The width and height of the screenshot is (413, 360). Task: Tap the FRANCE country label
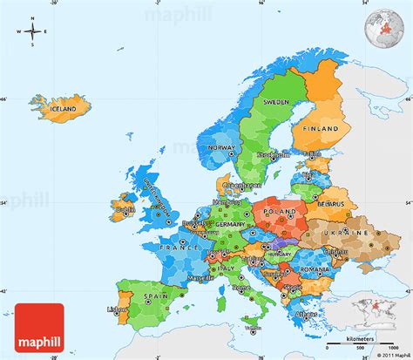pyautogui.click(x=180, y=248)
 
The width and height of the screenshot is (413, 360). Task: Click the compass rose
pyautogui.click(x=32, y=33)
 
